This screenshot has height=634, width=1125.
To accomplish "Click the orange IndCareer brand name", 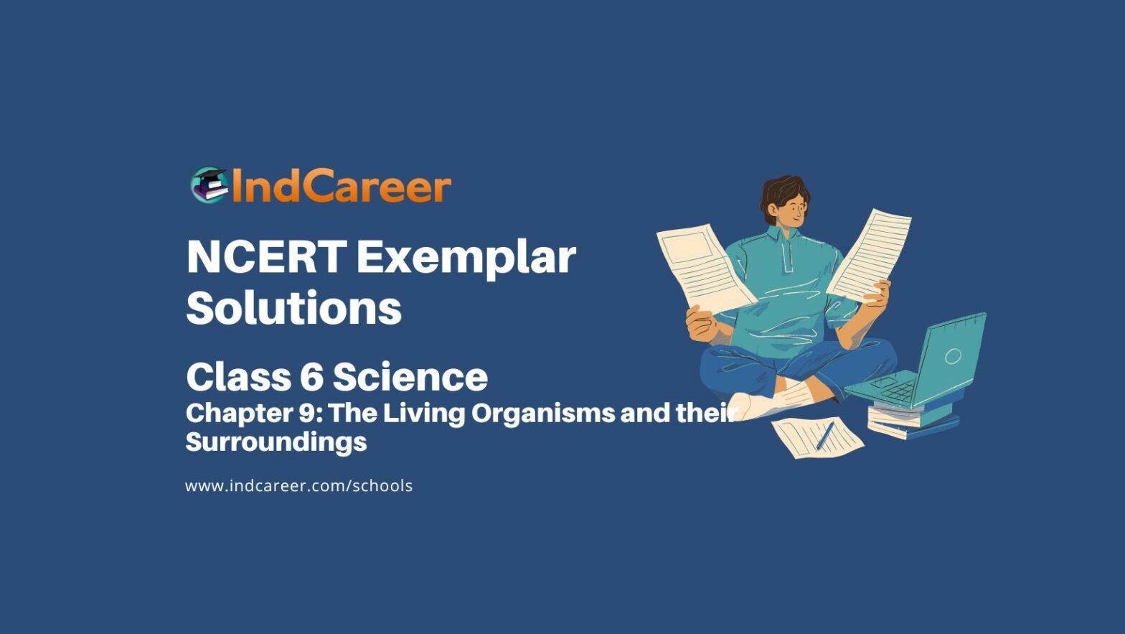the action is (342, 185).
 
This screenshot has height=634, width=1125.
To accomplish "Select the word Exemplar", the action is (467, 259).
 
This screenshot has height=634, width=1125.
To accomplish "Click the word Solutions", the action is (294, 308).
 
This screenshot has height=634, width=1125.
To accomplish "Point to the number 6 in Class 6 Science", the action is (312, 376).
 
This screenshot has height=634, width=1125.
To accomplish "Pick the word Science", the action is (410, 376).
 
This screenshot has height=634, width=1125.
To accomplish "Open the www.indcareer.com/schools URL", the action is (298, 486).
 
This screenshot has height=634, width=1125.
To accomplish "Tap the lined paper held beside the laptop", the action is (868, 255).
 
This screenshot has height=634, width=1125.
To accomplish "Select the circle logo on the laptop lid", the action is (953, 356).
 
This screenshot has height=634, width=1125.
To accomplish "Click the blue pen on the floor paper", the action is (825, 435).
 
